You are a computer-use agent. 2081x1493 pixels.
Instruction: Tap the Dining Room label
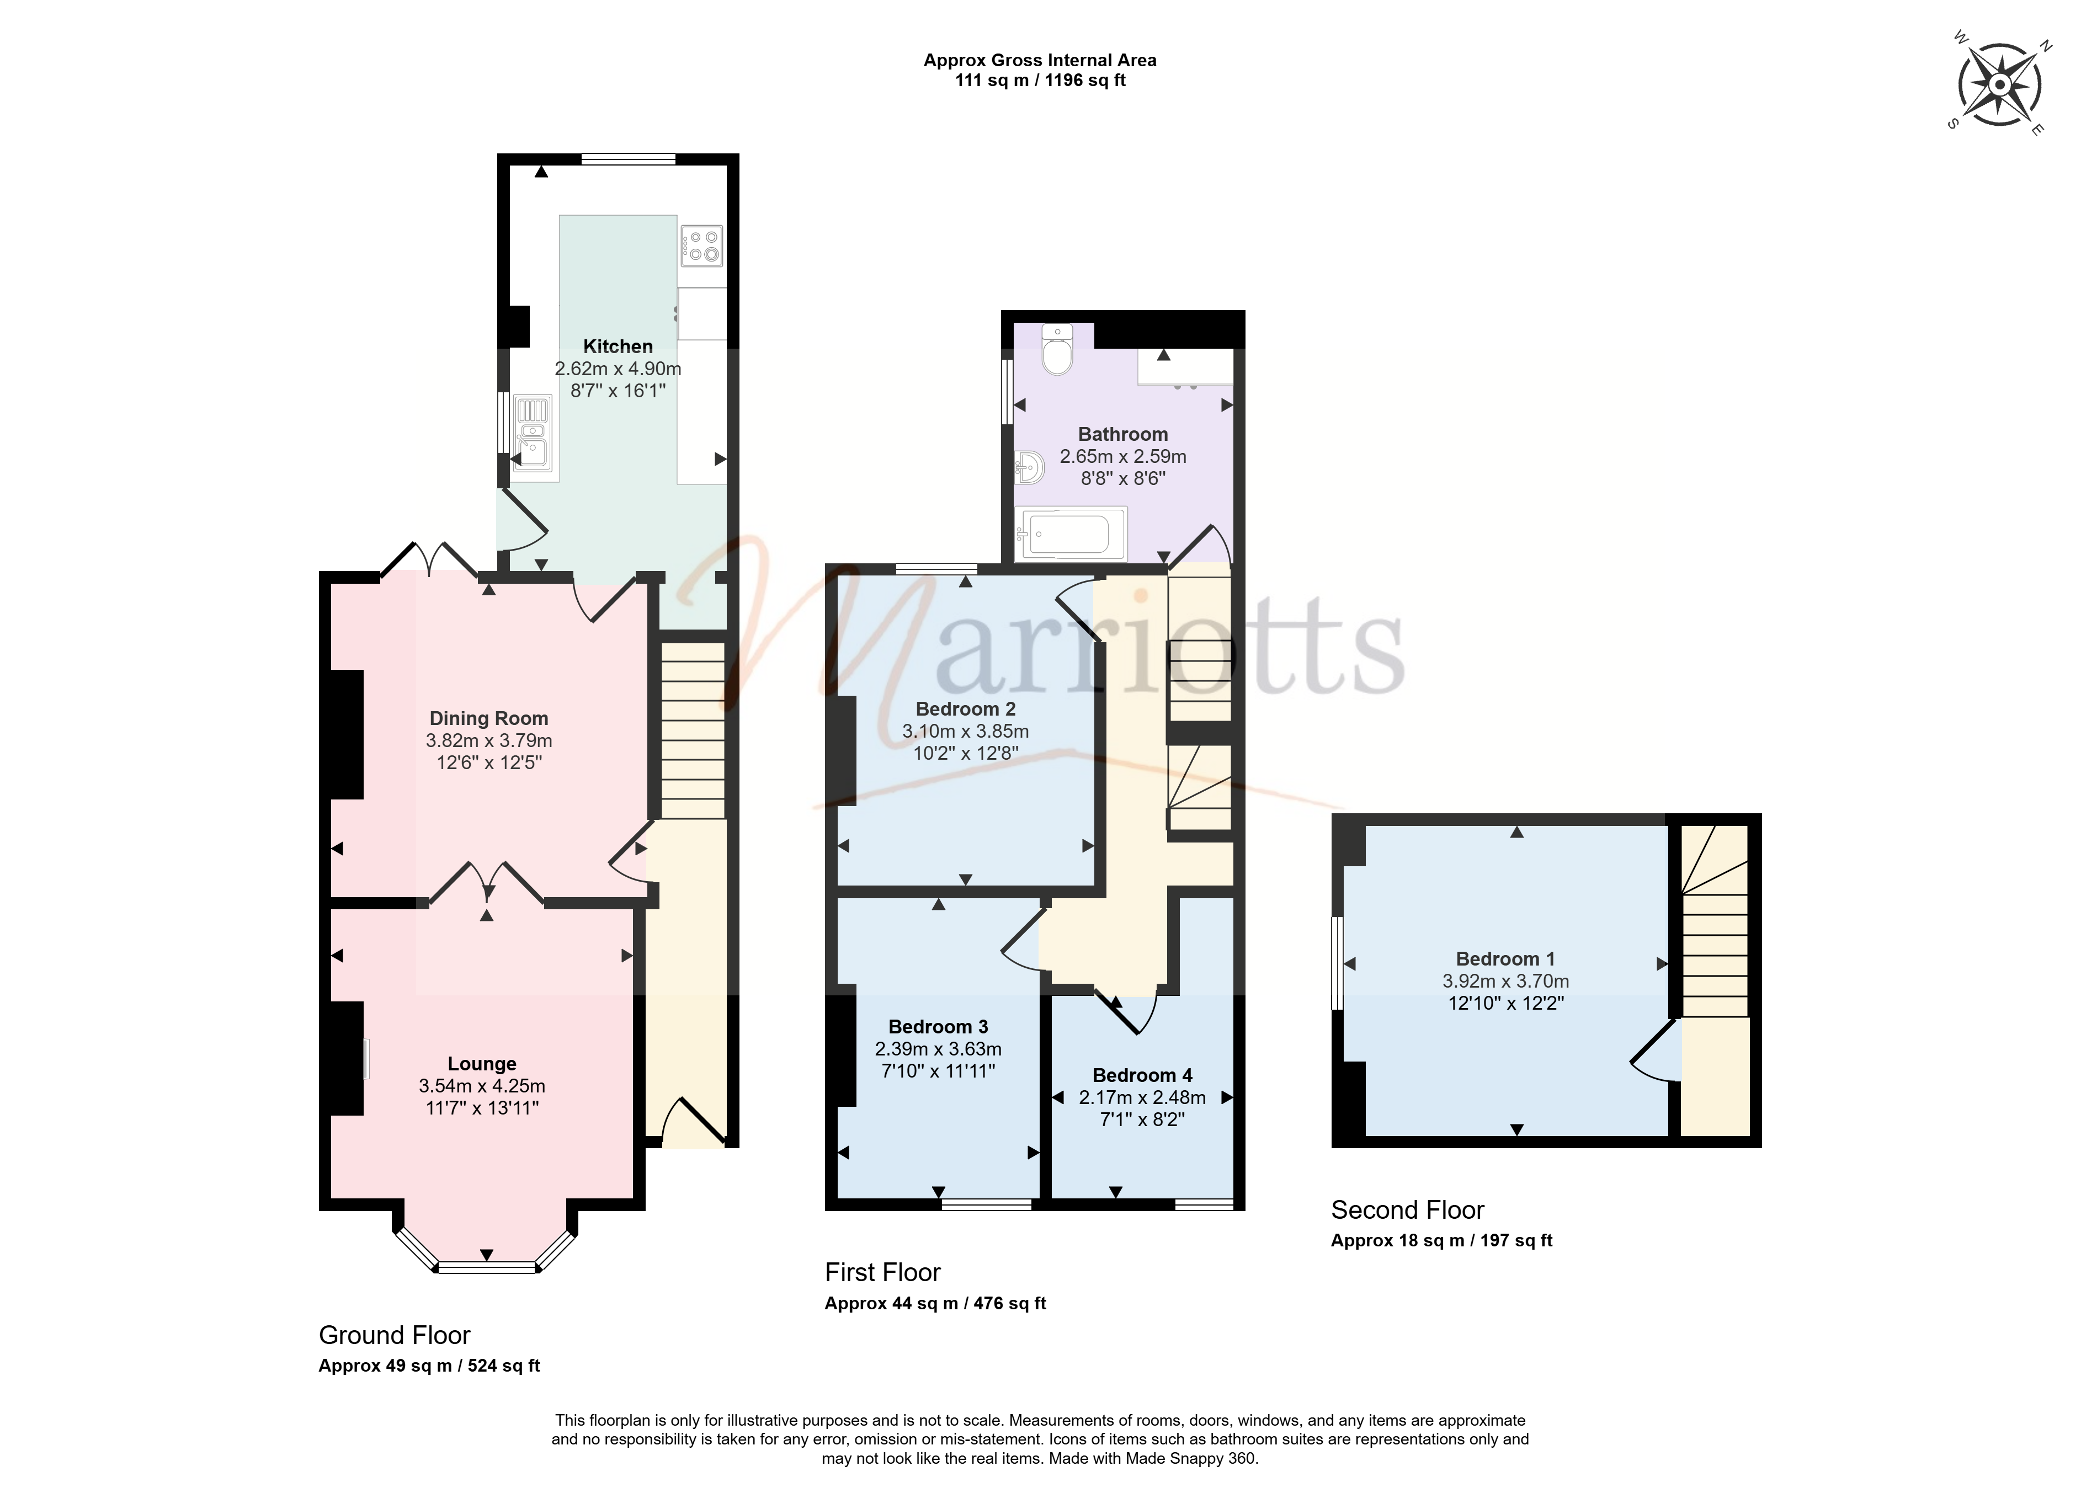489,718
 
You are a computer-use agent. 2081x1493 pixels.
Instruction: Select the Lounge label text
482,1064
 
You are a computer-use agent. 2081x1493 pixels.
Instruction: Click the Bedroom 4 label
1142,1075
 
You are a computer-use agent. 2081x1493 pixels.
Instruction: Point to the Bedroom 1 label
1505,959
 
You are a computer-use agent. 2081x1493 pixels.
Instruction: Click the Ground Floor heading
395,1335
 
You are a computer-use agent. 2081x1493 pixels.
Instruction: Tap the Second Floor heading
1408,1211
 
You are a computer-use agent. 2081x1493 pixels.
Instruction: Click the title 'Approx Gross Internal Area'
1040,61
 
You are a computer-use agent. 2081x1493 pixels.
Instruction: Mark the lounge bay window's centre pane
486,1267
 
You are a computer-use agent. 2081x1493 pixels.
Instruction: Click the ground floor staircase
693,729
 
